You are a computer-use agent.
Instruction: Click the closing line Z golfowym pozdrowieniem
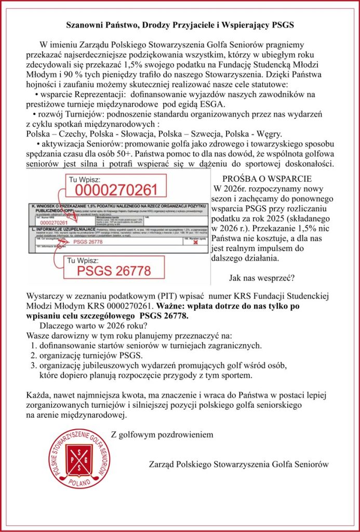click(x=162, y=434)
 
